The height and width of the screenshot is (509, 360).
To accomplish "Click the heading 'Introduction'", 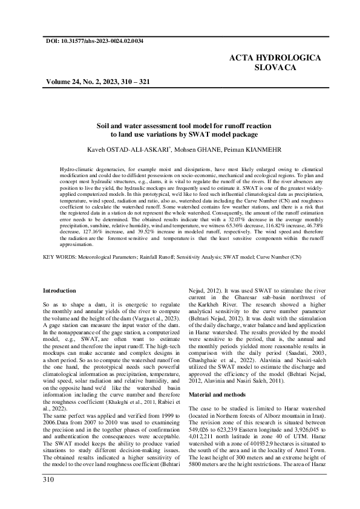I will point(60,291).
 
